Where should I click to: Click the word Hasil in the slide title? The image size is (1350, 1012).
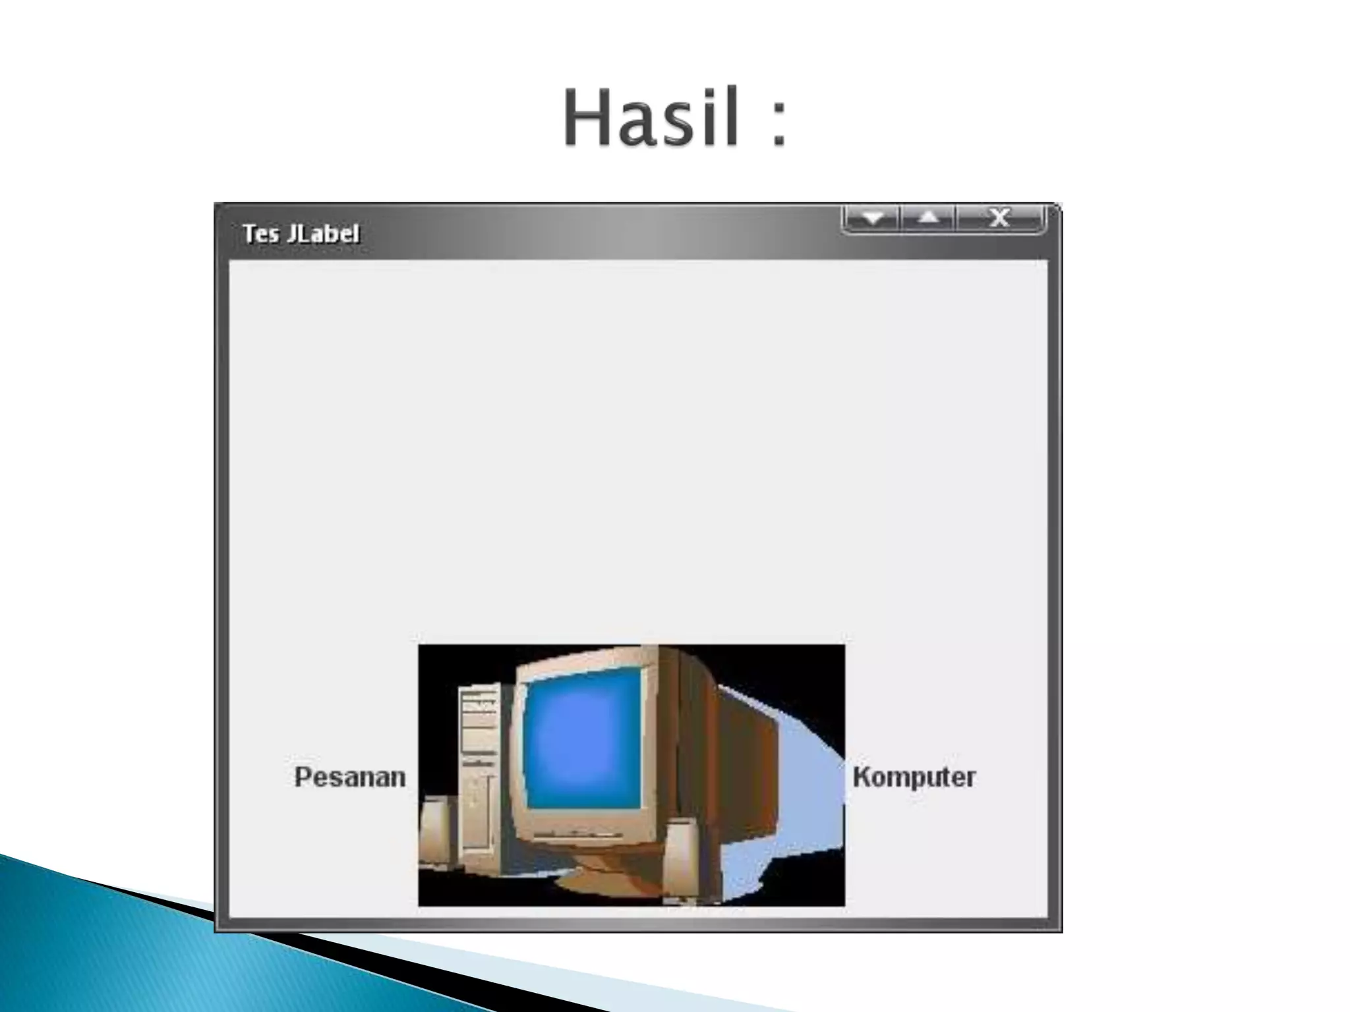click(x=650, y=119)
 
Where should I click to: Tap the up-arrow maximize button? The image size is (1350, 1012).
click(x=928, y=217)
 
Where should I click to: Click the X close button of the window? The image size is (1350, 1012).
click(x=999, y=217)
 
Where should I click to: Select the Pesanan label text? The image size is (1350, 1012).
click(x=349, y=777)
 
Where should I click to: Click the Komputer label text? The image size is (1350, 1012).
click(x=914, y=777)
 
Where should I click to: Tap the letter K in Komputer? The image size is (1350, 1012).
click(x=862, y=777)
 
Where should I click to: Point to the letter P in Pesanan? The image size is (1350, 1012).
click(x=303, y=777)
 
